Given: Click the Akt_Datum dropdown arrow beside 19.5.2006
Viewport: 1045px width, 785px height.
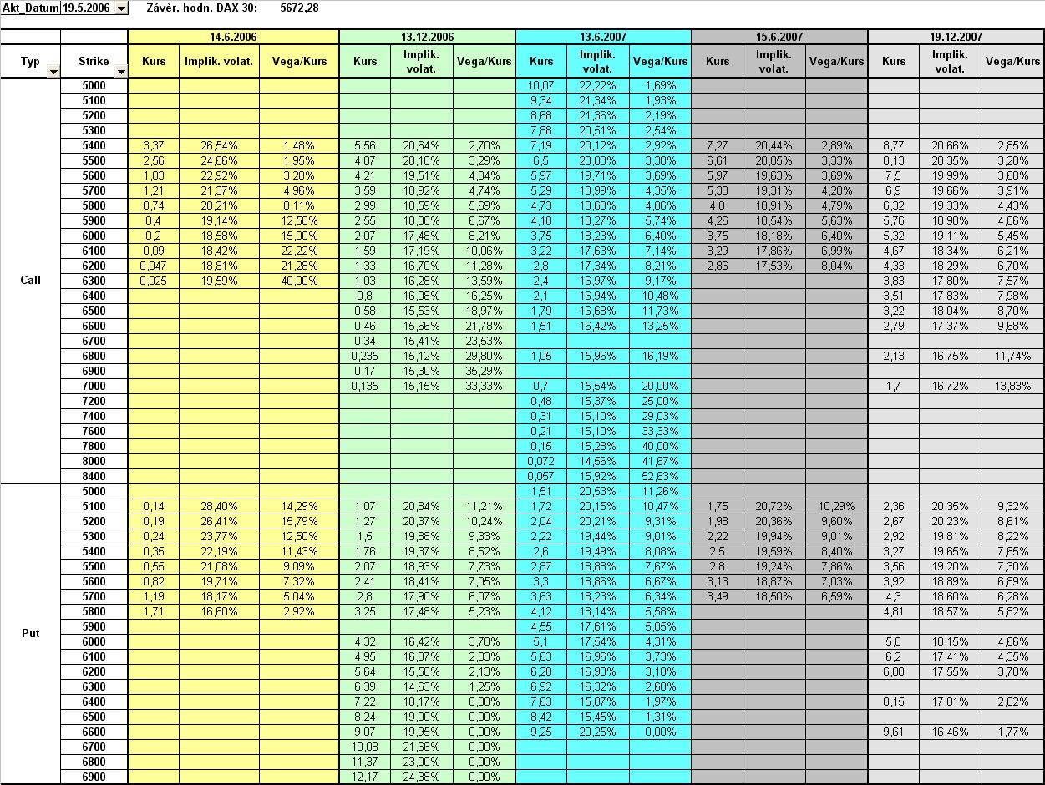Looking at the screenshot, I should click(121, 8).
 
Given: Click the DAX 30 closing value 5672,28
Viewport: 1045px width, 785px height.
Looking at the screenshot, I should click(299, 8).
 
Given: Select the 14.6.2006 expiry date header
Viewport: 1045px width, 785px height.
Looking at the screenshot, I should click(233, 37).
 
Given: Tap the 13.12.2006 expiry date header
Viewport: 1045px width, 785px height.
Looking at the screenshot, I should click(427, 37).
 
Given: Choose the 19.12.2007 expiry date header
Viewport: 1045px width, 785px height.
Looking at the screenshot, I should click(956, 37).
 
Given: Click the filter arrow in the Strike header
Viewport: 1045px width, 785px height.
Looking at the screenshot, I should click(121, 72).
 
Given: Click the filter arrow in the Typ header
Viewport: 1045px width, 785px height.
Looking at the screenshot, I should click(53, 72).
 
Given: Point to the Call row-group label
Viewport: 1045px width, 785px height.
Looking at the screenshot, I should click(30, 280).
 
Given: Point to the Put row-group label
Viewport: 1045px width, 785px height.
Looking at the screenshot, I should click(30, 633).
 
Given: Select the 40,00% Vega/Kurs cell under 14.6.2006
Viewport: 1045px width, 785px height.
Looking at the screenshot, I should click(299, 281).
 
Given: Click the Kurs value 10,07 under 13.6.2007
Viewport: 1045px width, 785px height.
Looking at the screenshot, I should click(541, 85).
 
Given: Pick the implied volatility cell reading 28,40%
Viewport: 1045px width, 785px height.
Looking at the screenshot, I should click(219, 506).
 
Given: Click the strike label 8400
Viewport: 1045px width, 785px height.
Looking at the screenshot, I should click(94, 476).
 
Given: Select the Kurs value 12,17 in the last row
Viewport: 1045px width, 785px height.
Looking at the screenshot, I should click(365, 777).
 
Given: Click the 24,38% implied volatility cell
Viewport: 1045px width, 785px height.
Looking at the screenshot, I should click(421, 777).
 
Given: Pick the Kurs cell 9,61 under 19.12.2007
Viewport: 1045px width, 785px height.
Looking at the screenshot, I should click(894, 732).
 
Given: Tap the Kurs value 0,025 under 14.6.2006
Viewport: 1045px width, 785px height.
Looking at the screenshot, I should click(154, 281).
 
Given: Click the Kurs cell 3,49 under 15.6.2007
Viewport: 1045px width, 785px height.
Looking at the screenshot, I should click(717, 596).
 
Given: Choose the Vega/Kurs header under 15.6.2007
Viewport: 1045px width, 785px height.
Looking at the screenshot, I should click(836, 61).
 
